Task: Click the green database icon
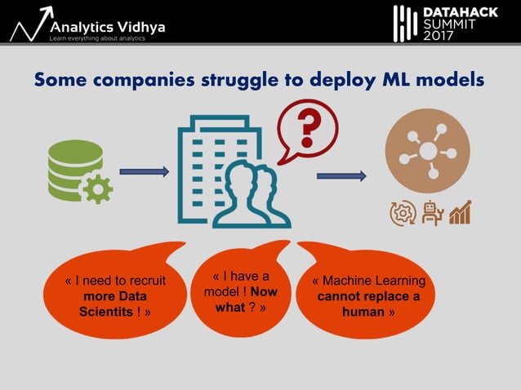[x=74, y=166]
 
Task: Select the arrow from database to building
[x=144, y=171]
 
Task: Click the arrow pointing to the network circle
[x=341, y=175]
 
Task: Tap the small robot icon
[x=431, y=213]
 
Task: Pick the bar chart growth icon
[x=461, y=213]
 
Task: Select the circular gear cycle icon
[x=402, y=213]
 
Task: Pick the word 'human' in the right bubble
[x=363, y=312]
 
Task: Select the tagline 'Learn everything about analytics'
[x=97, y=38]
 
